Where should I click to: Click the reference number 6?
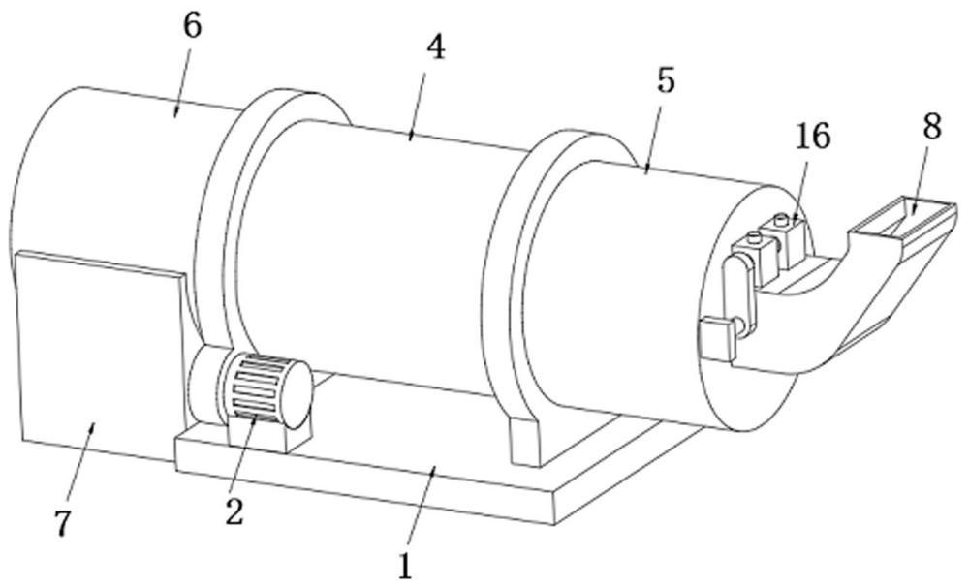tap(192, 26)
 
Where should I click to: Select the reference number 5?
tap(665, 80)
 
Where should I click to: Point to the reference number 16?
tap(813, 137)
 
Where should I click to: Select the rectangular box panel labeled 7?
tap(97, 358)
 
